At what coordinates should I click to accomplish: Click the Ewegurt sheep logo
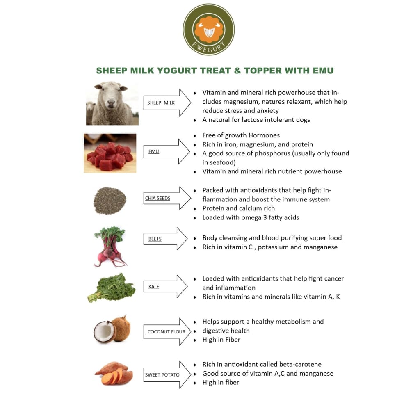209,30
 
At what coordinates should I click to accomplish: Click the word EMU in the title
322,71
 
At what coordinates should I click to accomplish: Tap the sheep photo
112,103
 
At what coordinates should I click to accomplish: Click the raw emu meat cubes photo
110,153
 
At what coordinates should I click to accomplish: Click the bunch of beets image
110,246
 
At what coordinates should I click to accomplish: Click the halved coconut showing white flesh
105,332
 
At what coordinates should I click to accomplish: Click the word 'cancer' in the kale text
333,278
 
